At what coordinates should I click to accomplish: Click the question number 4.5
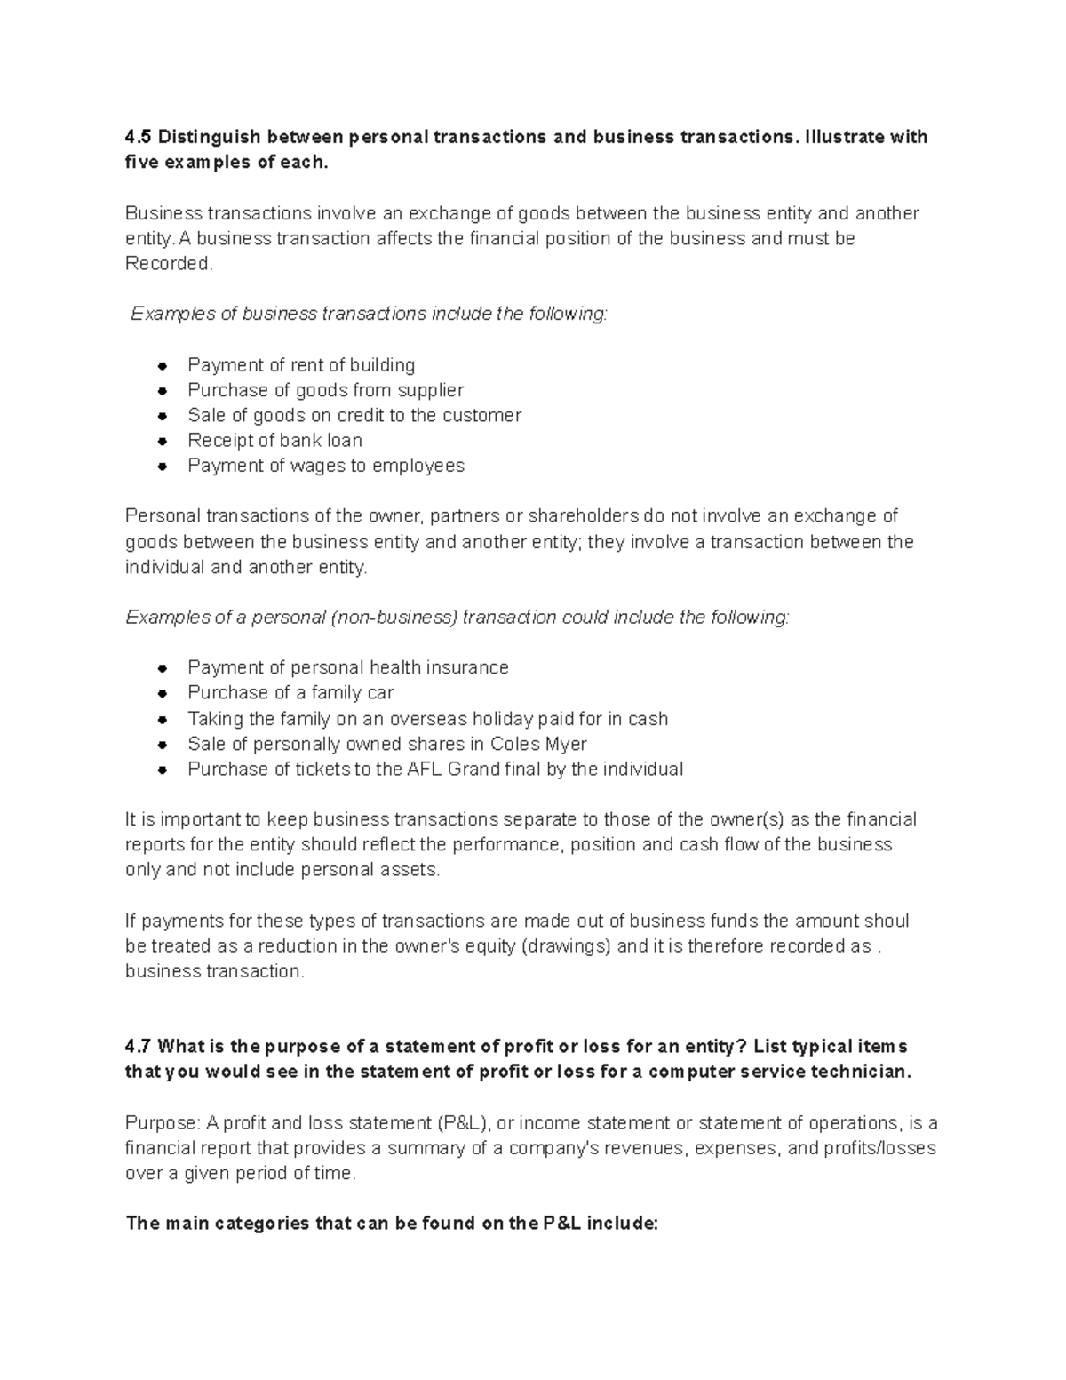pos(139,137)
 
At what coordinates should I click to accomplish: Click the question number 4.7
pos(139,1046)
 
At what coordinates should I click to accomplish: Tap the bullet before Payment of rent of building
pos(162,365)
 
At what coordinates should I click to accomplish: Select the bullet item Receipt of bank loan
pos(274,441)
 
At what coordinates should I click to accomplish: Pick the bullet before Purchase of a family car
pos(162,693)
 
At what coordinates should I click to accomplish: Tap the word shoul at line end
pos(887,921)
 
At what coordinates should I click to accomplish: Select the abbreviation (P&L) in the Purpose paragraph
pos(465,1122)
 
